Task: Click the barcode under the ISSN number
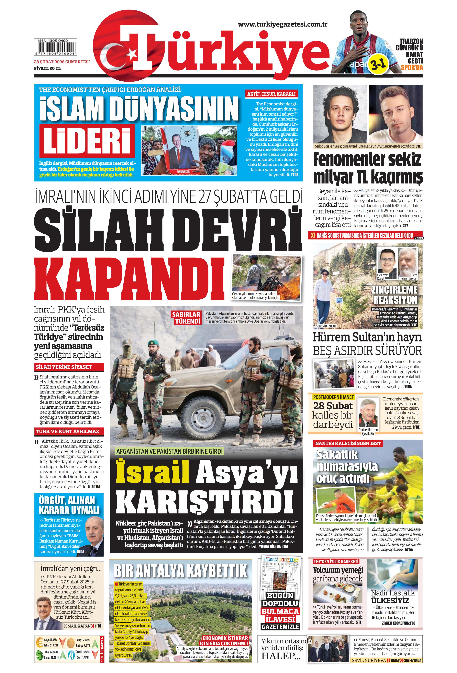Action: (55, 48)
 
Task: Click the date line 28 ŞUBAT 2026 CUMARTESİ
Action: (62, 62)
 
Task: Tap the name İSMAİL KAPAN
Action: (77, 626)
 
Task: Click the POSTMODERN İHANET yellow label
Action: (333, 397)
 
